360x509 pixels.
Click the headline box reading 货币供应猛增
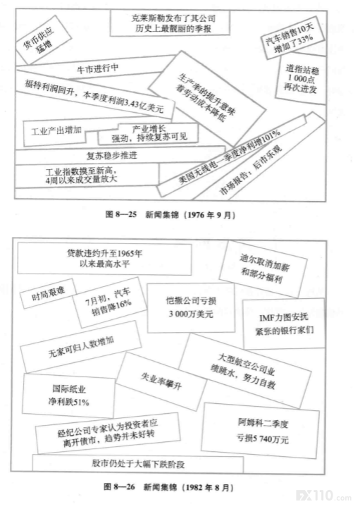tap(43, 40)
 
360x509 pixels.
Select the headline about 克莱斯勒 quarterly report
tap(170, 23)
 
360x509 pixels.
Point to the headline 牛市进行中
tap(98, 68)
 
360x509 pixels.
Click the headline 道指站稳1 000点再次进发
tap(302, 78)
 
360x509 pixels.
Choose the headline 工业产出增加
tap(56, 131)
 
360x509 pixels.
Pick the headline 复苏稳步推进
tap(112, 156)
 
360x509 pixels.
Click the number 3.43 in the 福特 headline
tap(132, 104)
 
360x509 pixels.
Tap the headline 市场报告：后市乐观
tap(251, 168)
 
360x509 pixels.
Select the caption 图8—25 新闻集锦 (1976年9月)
tap(170, 214)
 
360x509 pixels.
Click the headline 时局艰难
tap(49, 293)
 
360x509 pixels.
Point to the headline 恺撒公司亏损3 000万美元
tap(191, 307)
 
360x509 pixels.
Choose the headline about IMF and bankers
tap(284, 324)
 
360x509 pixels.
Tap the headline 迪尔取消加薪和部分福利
tap(263, 269)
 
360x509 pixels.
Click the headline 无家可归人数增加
tap(81, 347)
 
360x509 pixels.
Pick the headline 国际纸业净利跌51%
tap(68, 395)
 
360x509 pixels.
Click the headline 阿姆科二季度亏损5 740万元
tap(262, 431)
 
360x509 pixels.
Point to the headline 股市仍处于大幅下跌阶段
tap(138, 464)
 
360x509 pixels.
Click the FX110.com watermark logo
tap(323, 496)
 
